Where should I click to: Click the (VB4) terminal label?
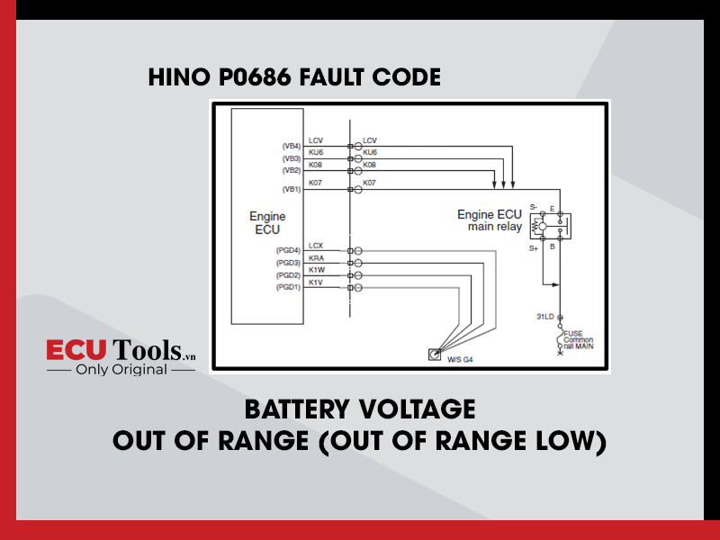[x=291, y=146]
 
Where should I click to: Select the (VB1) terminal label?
[x=291, y=189]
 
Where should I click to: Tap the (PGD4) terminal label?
[x=288, y=250]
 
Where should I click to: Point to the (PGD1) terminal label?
[x=288, y=287]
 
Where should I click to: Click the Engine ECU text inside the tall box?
[x=267, y=222]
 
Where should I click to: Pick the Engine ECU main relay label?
[x=490, y=220]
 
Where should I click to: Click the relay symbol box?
[x=551, y=226]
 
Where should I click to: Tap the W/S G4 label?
[x=460, y=359]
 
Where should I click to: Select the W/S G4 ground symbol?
[x=435, y=355]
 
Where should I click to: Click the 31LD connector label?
[x=545, y=317]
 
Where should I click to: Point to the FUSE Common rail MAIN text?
[x=578, y=340]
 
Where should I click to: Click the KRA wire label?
[x=317, y=258]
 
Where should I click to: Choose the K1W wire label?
[x=317, y=270]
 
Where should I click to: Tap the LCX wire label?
[x=316, y=246]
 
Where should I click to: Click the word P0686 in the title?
[x=255, y=77]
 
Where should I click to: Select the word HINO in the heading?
[x=179, y=77]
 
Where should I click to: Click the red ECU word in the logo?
[x=76, y=350]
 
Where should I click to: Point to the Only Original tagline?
[x=121, y=370]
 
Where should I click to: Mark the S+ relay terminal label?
[x=533, y=248]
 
